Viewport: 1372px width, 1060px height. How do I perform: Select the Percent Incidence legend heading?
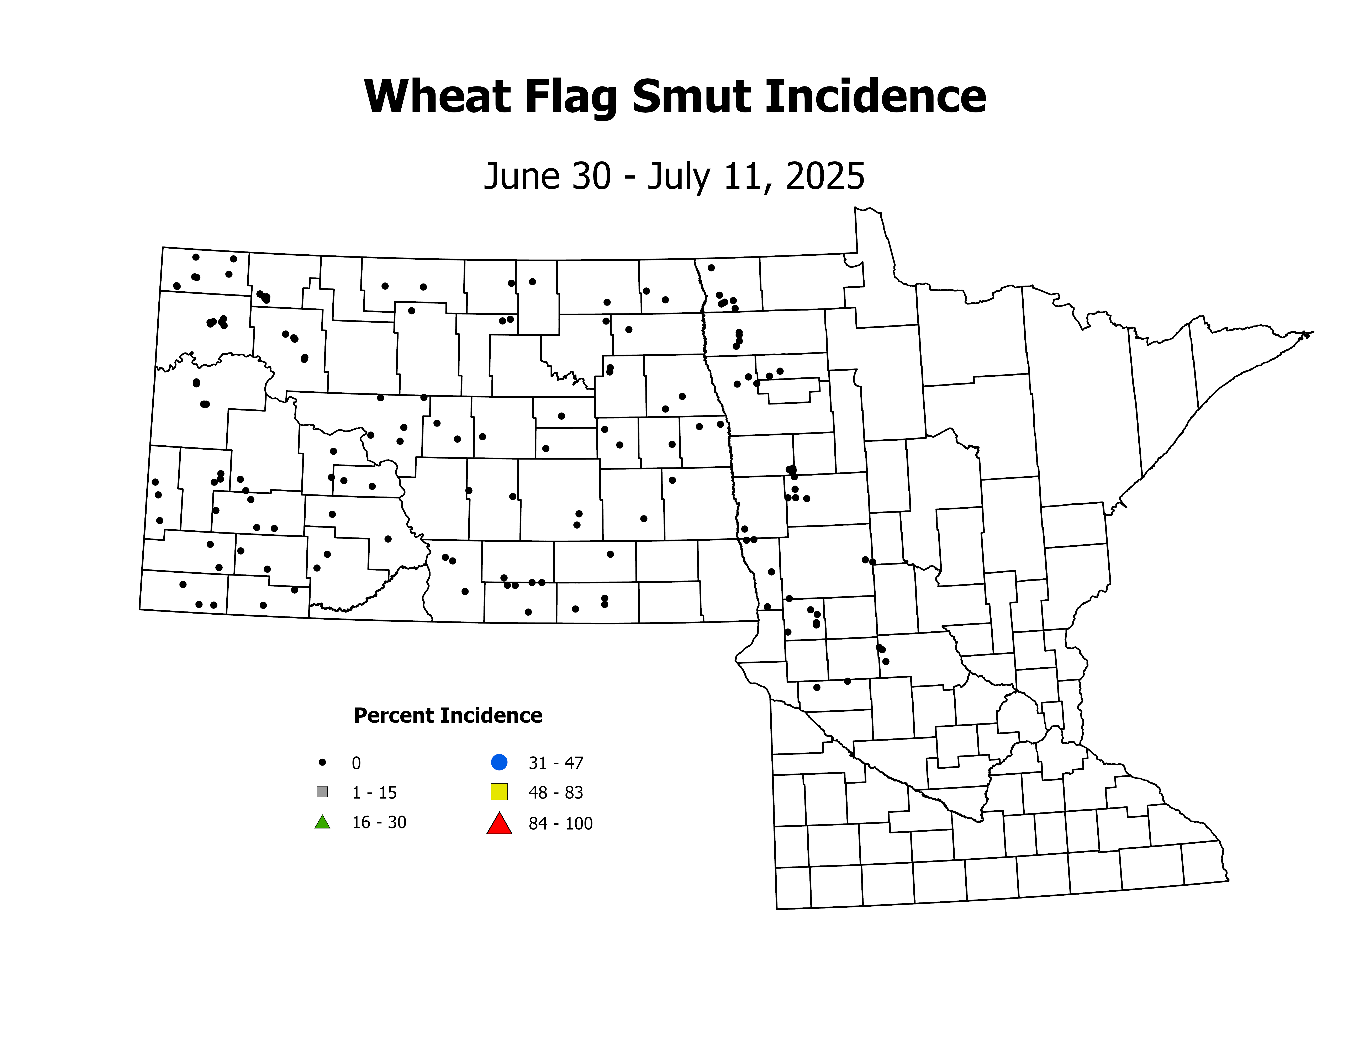click(448, 715)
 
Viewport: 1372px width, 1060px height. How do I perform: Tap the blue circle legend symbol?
click(499, 762)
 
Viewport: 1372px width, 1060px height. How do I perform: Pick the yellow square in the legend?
click(499, 792)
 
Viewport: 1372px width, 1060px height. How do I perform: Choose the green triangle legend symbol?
click(322, 822)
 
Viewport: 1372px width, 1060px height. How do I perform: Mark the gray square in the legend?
click(322, 792)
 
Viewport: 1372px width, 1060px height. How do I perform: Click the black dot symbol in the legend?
click(322, 762)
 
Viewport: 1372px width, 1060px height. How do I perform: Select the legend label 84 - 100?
click(560, 823)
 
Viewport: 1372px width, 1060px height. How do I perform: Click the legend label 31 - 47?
click(556, 763)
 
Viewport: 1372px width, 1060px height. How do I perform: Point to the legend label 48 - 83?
click(556, 793)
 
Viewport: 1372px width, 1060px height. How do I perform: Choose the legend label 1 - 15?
click(374, 793)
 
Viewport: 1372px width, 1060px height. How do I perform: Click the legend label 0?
click(356, 763)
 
